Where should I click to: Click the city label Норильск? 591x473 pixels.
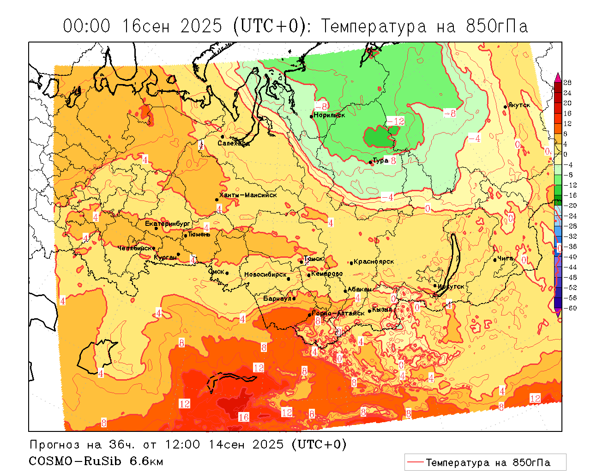coord(329,115)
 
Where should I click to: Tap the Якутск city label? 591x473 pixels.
coord(519,105)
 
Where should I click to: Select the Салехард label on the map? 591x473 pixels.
coord(234,143)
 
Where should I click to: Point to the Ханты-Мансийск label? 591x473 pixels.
coord(248,195)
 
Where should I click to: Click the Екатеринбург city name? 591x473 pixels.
coord(168,224)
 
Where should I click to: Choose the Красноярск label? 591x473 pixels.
coord(374,261)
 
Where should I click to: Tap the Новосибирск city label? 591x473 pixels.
coord(265,274)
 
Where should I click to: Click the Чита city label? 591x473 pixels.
coord(506,258)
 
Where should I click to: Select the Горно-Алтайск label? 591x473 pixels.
coord(338,313)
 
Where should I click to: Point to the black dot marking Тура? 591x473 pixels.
coord(370,162)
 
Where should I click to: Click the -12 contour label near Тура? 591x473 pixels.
coord(396,121)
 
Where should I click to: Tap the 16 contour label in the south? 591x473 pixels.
coord(244,417)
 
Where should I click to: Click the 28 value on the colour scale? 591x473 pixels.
coord(567,83)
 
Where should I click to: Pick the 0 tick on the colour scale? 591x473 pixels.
coord(566,154)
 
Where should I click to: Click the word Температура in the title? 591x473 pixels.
coord(374,26)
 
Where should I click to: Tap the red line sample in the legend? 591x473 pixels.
coord(415,462)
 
